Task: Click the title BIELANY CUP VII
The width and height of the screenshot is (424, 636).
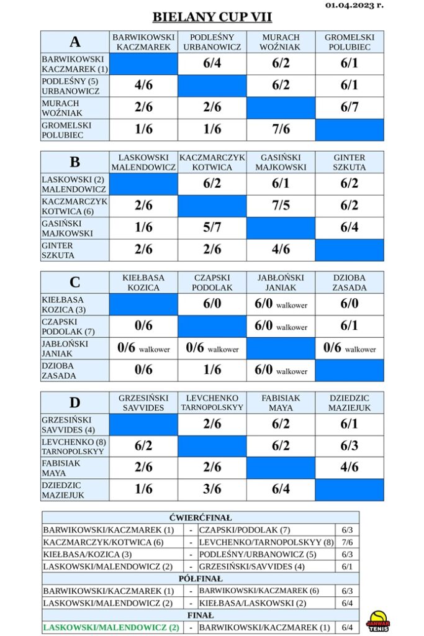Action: (x=212, y=17)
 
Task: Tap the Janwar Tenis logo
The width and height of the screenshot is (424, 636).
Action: (x=378, y=621)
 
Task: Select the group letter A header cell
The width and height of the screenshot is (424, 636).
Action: (x=75, y=42)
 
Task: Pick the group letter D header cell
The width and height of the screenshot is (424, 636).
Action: (x=75, y=402)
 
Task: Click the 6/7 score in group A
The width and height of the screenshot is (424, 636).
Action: (x=350, y=107)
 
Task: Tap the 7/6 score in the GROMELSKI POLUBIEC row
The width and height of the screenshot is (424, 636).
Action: (x=281, y=129)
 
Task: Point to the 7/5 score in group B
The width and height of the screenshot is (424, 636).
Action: (x=281, y=205)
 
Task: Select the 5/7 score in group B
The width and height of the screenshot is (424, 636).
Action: (x=212, y=227)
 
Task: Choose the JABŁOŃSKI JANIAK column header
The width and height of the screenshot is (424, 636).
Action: (x=281, y=283)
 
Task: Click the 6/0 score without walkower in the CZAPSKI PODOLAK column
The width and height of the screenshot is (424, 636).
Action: (x=212, y=303)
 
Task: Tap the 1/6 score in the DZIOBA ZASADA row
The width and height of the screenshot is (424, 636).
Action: (x=212, y=370)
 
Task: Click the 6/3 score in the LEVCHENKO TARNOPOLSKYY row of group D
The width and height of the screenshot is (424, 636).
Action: (x=350, y=446)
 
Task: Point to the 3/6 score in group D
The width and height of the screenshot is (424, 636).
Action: (x=212, y=489)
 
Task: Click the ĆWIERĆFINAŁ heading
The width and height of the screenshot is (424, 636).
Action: (x=201, y=518)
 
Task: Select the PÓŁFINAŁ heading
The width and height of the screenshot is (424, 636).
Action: (x=201, y=579)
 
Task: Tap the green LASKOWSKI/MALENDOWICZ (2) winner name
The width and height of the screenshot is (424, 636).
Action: (x=111, y=627)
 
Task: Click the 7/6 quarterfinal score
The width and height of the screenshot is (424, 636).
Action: (x=348, y=542)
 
